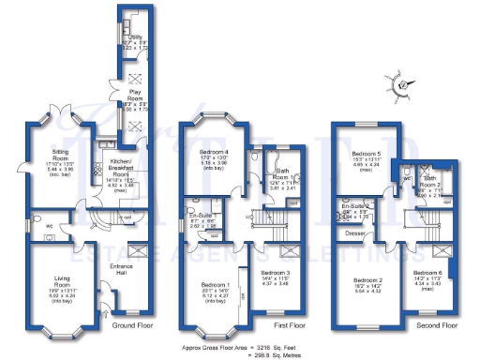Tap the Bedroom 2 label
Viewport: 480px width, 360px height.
tap(367, 282)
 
